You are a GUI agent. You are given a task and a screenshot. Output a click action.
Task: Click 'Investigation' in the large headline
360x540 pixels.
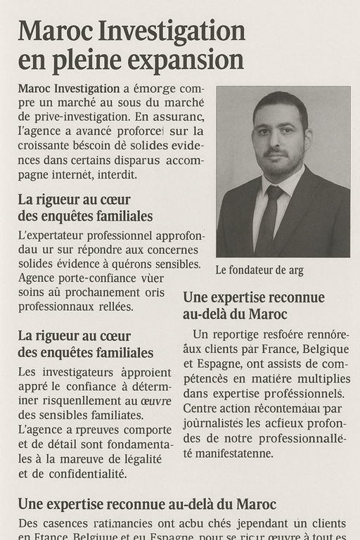[x=170, y=31]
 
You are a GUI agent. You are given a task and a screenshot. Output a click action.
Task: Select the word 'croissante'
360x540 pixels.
[x=46, y=146]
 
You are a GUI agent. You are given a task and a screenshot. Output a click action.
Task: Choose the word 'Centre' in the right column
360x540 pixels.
[x=200, y=408]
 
